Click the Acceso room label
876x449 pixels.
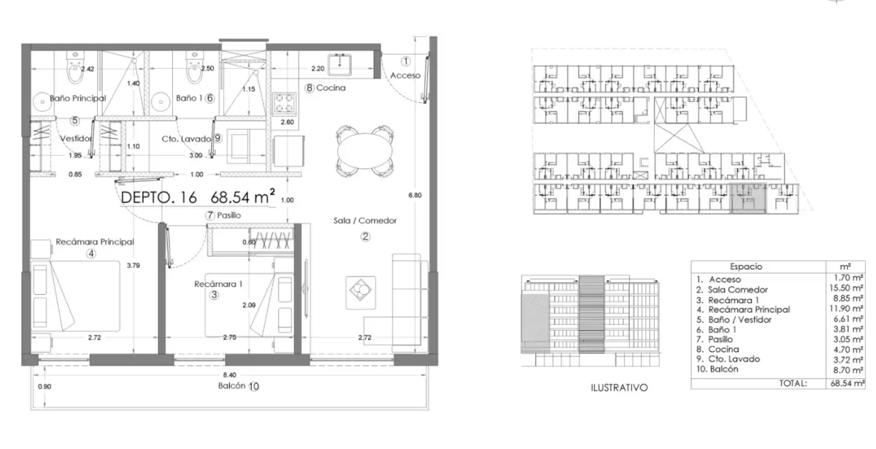point(405,75)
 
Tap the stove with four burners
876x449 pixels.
point(284,104)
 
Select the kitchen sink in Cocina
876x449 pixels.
point(339,64)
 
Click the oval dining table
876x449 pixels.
point(365,150)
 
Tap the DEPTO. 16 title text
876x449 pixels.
point(159,198)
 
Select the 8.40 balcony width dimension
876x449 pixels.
point(229,375)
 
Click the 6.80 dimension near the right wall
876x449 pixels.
point(415,195)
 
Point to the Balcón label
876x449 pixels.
point(231,385)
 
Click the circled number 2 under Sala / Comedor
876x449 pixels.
point(365,237)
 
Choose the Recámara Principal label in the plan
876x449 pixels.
point(95,242)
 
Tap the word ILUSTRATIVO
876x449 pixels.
point(619,388)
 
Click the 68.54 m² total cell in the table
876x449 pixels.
point(847,383)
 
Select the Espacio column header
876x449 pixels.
point(746,266)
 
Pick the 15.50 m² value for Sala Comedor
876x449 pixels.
point(846,288)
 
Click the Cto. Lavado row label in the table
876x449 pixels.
point(734,359)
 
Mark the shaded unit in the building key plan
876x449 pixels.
point(748,199)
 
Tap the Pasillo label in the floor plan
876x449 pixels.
point(228,215)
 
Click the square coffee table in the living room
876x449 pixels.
point(361,293)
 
